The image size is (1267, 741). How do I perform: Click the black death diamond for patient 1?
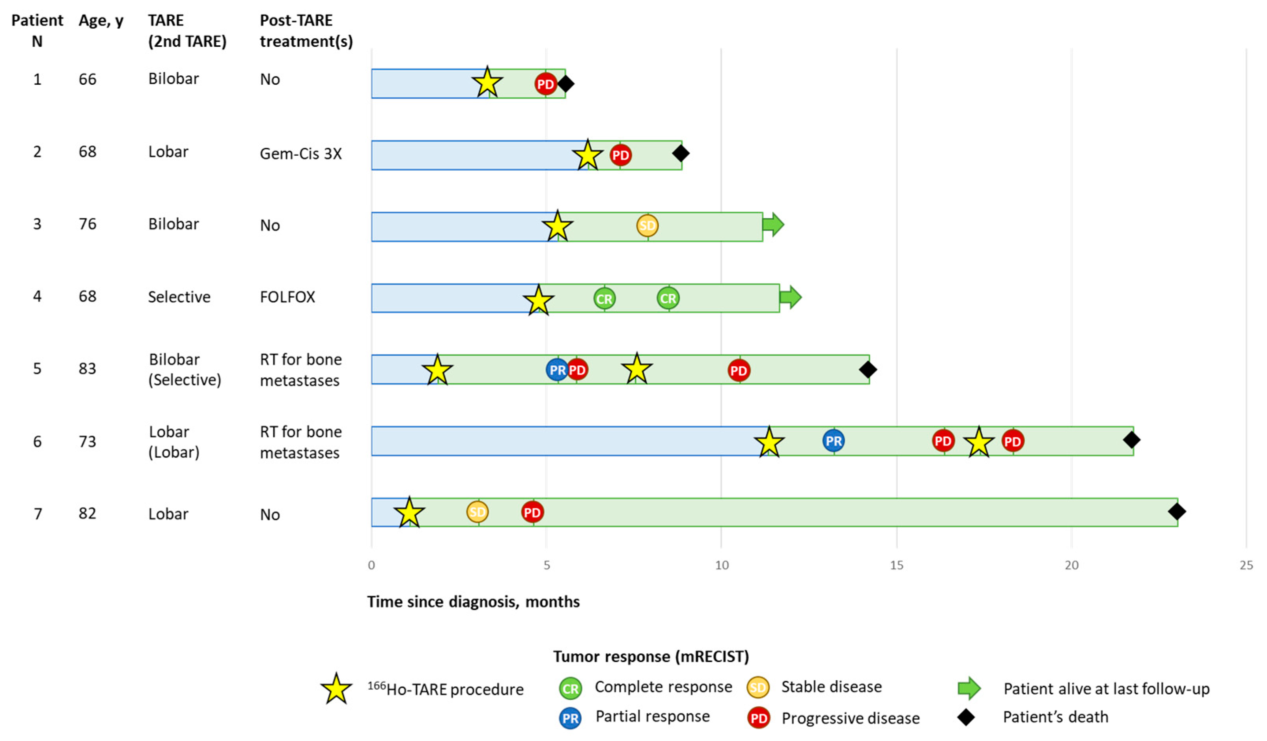point(565,84)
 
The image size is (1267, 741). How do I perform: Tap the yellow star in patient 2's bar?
point(587,155)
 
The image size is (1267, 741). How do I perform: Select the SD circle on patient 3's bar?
point(647,225)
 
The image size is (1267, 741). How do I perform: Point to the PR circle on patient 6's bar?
point(833,441)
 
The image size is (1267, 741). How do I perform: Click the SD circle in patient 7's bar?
point(477,512)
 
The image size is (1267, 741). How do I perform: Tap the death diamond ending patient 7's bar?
point(1177,512)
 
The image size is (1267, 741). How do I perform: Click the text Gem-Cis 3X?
point(300,154)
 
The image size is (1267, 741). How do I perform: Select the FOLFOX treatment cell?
point(287,297)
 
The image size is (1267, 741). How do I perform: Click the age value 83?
point(87,369)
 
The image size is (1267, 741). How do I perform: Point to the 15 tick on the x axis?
point(896,565)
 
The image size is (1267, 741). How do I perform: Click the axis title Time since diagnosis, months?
point(473,601)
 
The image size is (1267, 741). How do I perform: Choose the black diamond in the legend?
point(966,717)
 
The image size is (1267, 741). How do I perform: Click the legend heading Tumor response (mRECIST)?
point(651,656)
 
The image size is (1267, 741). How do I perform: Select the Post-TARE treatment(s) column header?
point(306,31)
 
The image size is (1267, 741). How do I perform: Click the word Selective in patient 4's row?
point(179,297)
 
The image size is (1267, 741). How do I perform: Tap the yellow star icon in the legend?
point(336,689)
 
